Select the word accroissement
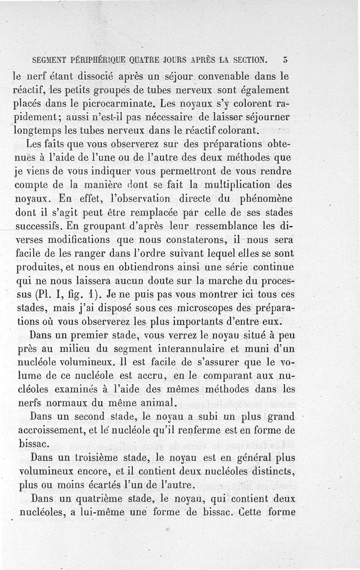coord(59,431)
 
